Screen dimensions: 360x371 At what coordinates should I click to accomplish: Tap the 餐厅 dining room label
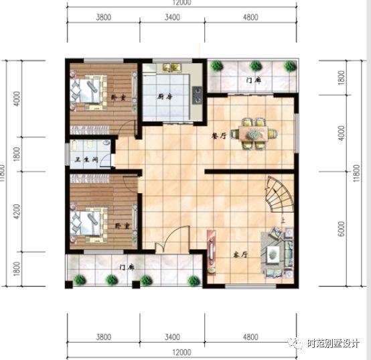point(216,134)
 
